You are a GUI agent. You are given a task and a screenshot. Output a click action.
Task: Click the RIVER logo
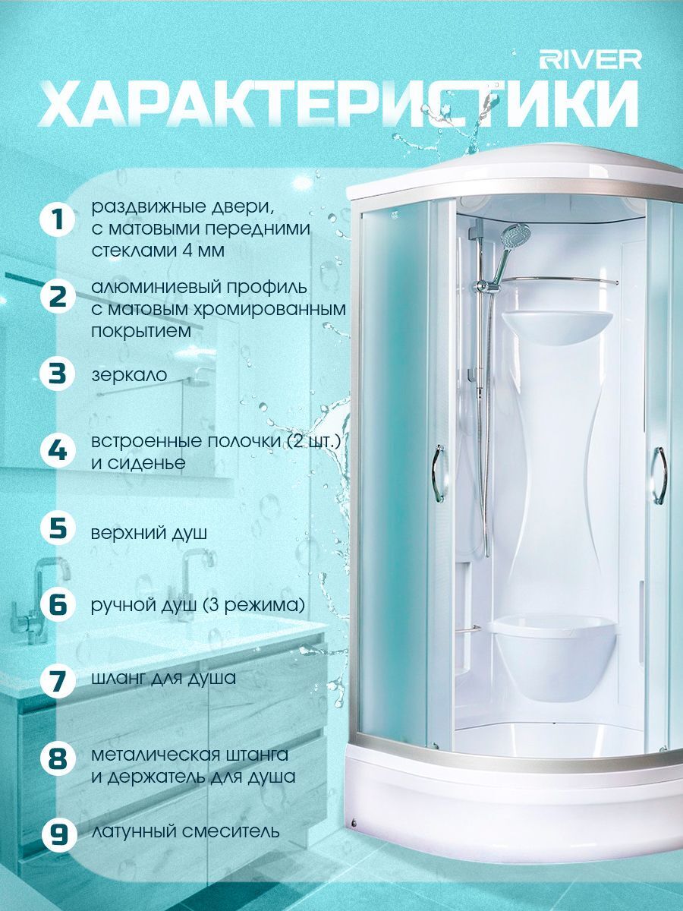(590, 60)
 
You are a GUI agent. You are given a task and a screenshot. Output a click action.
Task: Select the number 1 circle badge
(58, 220)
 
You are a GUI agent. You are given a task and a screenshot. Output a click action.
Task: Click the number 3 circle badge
(58, 374)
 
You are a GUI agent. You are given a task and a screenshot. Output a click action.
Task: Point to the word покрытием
(141, 332)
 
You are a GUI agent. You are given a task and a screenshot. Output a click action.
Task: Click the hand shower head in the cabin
(515, 235)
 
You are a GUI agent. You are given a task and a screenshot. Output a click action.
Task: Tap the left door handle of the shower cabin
(439, 474)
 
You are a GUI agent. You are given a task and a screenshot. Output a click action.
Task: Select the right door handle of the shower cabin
(659, 476)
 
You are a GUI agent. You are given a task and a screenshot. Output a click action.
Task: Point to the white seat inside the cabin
(556, 656)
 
